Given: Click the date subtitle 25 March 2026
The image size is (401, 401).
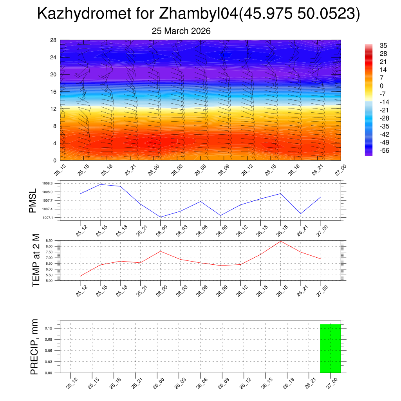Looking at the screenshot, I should tap(181, 31).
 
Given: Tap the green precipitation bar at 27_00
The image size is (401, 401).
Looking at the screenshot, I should tap(330, 348).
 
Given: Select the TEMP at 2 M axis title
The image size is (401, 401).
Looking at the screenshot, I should tap(36, 261).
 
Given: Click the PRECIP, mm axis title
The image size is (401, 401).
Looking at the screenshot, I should tap(34, 347).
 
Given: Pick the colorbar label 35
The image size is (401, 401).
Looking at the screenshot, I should tap(383, 46).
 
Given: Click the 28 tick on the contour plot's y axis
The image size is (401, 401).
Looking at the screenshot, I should tap(54, 40).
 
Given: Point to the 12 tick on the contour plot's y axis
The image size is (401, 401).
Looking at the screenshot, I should tap(54, 109).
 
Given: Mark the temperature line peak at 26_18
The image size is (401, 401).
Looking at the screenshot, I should tap(280, 241).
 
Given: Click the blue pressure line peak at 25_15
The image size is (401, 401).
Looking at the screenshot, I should tap(100, 184).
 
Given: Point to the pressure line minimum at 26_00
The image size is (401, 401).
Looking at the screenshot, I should tap(161, 217).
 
